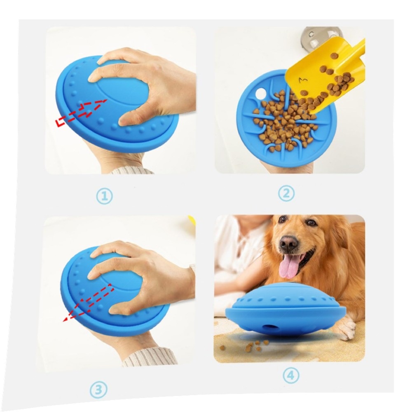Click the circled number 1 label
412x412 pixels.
pyautogui.click(x=104, y=196)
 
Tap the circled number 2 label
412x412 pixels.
pyautogui.click(x=286, y=194)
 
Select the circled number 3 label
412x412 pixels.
pyautogui.click(x=98, y=389)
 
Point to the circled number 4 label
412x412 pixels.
pyautogui.click(x=291, y=376)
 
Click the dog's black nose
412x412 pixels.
pyautogui.click(x=288, y=242)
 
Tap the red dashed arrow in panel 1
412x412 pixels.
pyautogui.click(x=82, y=112)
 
